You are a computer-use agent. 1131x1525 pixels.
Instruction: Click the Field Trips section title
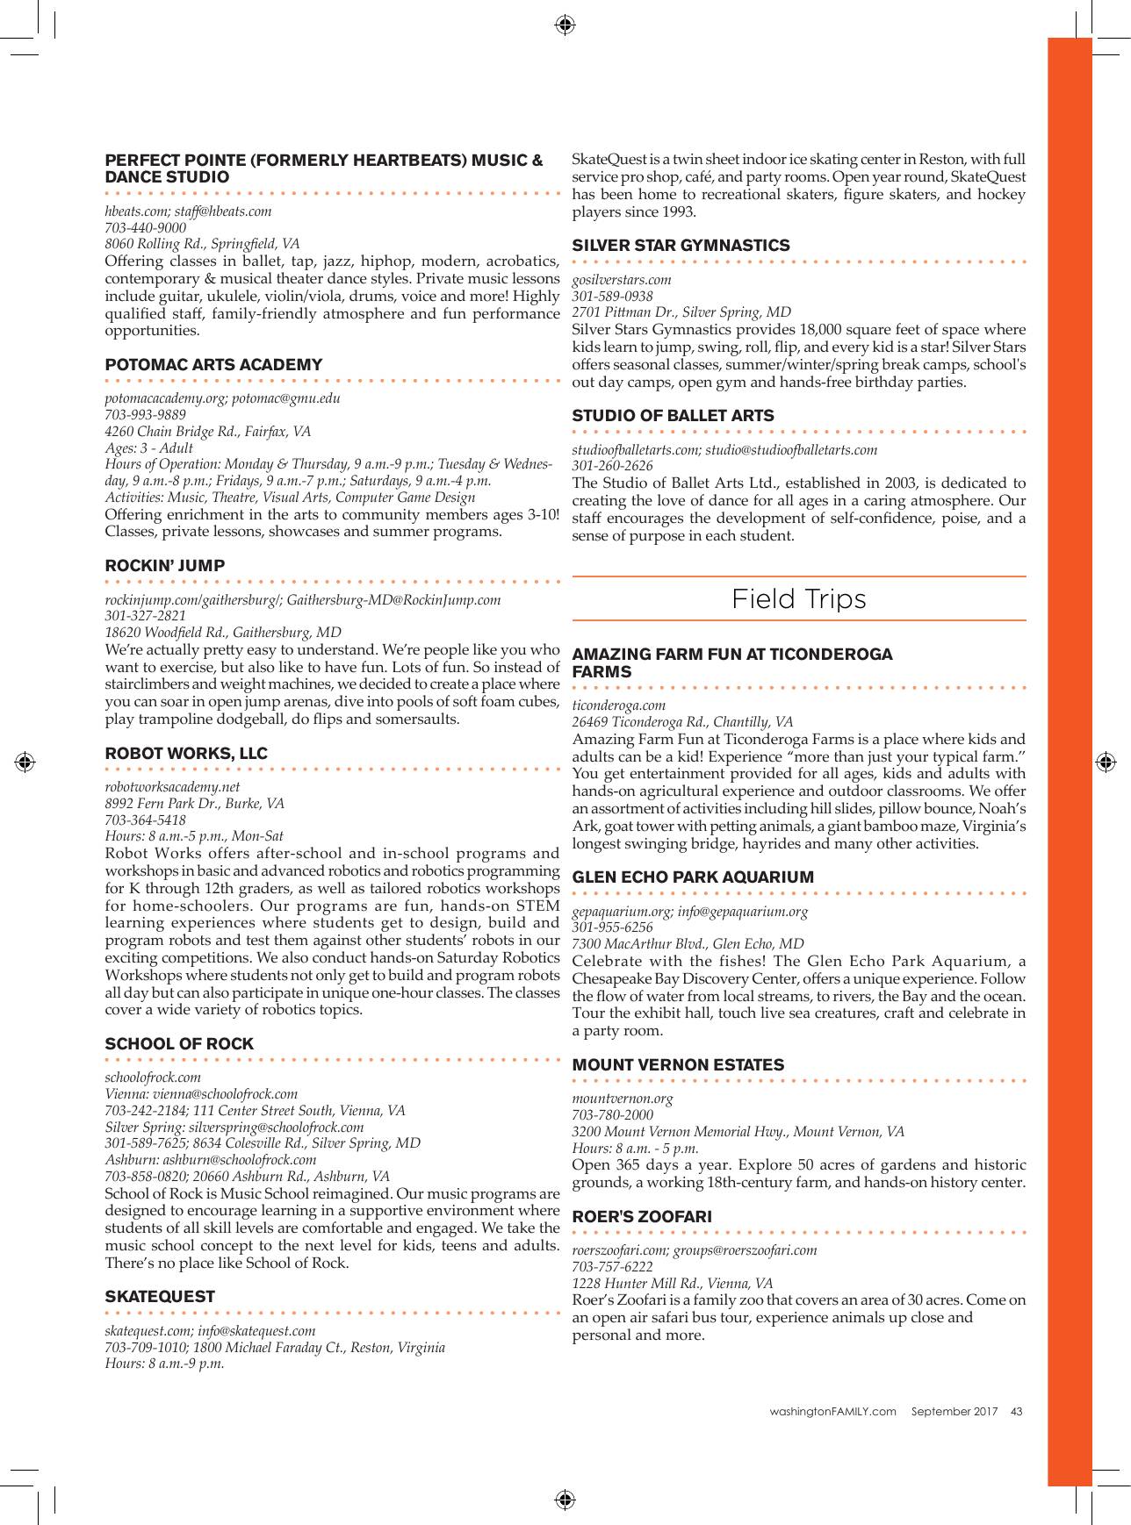(798, 599)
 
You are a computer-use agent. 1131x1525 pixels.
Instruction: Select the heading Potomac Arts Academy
(213, 365)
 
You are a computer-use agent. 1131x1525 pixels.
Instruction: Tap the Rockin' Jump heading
(164, 566)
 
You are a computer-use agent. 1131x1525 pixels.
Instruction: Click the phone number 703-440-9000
(145, 227)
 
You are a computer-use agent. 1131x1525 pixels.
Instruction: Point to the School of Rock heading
(179, 1044)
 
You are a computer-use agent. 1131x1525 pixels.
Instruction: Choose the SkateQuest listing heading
(160, 1297)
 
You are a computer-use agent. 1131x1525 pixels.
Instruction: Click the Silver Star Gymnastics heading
(681, 246)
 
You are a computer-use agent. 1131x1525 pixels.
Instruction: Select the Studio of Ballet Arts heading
(673, 416)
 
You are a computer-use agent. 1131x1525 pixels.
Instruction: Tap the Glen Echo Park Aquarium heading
(693, 877)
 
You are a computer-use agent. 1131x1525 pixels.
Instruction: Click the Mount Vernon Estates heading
(678, 1065)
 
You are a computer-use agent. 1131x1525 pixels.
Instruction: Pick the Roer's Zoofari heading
(642, 1217)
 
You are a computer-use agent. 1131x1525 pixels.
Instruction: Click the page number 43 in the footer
(1016, 1412)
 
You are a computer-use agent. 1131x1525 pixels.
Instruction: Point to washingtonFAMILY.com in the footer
(832, 1412)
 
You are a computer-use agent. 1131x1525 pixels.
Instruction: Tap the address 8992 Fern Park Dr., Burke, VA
(194, 804)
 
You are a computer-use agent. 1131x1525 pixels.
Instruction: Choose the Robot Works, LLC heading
(186, 754)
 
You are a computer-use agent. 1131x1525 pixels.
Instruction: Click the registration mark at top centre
(565, 24)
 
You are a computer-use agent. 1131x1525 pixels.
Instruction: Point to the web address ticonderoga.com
(618, 705)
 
